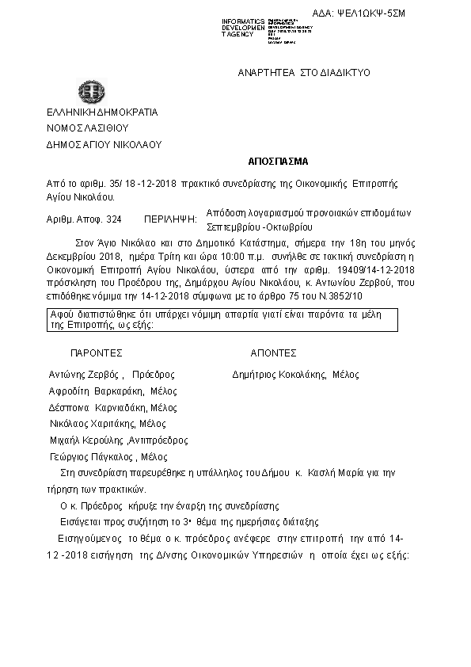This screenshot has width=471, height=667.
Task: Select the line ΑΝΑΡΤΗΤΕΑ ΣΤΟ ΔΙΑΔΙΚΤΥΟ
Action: pyautogui.click(x=303, y=73)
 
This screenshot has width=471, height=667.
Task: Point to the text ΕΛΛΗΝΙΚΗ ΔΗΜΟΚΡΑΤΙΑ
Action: pyautogui.click(x=102, y=112)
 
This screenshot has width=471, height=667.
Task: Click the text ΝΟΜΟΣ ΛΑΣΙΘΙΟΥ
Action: pyautogui.click(x=87, y=128)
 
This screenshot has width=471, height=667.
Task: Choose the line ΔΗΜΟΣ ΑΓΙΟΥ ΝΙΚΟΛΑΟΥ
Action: pyautogui.click(x=104, y=145)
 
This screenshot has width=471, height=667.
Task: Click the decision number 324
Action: pyautogui.click(x=113, y=216)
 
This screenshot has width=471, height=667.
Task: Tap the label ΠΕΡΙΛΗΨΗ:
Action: pyautogui.click(x=170, y=216)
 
